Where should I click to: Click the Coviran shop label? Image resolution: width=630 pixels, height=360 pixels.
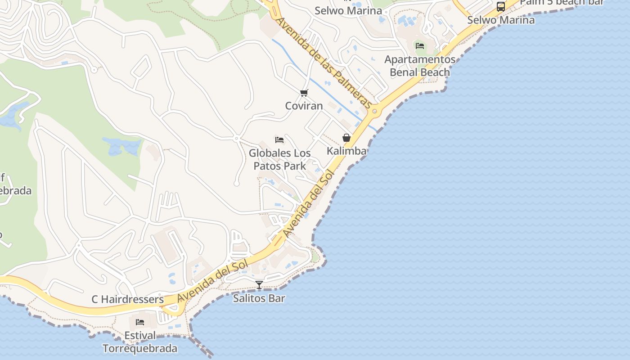click(x=304, y=106)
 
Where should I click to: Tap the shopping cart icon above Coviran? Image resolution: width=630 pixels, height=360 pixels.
click(x=304, y=93)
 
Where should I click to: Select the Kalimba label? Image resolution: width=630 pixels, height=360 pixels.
click(x=346, y=151)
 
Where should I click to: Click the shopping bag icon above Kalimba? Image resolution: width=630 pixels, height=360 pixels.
click(x=346, y=138)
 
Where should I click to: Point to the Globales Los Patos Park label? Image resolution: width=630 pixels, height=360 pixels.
click(x=279, y=159)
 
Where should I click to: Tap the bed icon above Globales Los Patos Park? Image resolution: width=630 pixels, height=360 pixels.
click(x=279, y=140)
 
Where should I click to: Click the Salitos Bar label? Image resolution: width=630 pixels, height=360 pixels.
click(x=259, y=298)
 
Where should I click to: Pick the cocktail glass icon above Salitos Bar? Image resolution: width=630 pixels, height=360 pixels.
click(x=259, y=284)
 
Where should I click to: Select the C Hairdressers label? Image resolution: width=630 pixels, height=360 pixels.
click(x=128, y=299)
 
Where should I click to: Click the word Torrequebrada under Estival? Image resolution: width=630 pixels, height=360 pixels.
click(x=140, y=348)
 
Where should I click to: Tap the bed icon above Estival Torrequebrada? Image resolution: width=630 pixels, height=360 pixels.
click(x=140, y=322)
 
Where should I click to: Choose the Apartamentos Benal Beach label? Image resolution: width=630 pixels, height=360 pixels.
click(x=420, y=66)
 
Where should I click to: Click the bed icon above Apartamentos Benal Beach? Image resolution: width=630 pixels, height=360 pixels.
click(x=420, y=46)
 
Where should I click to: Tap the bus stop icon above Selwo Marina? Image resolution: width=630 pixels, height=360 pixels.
click(x=501, y=7)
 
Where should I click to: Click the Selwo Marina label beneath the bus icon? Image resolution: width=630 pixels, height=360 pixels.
click(x=501, y=20)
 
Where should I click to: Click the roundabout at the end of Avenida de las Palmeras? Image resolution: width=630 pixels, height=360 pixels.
click(x=374, y=111)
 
